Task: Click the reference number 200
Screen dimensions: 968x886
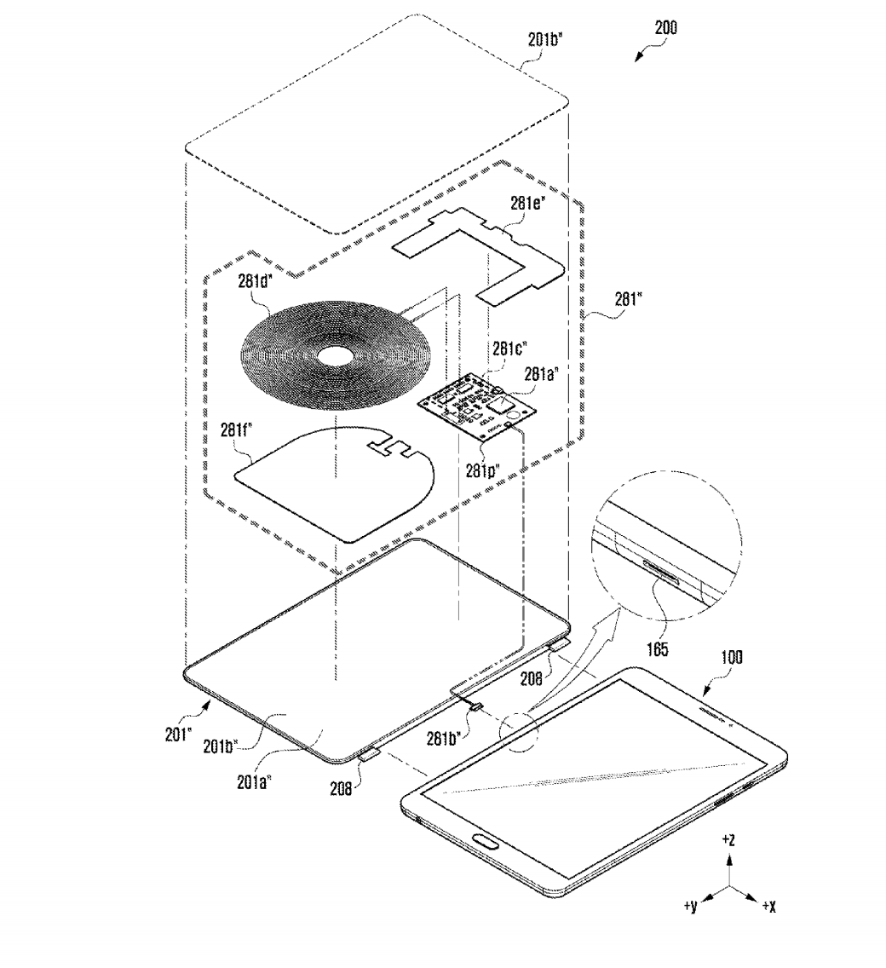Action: [x=665, y=27]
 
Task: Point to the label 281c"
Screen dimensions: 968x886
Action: [x=509, y=349]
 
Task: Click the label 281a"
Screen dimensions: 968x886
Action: [x=542, y=372]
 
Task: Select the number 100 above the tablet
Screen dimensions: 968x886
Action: [x=729, y=657]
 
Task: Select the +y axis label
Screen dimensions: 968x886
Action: [x=690, y=906]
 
